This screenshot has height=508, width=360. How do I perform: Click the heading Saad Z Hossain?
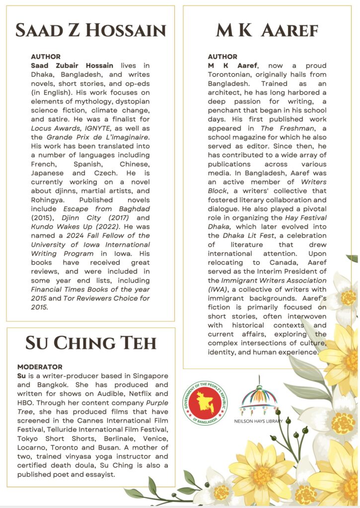pyautogui.click(x=90, y=30)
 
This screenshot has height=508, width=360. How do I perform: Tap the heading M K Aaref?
pyautogui.click(x=267, y=30)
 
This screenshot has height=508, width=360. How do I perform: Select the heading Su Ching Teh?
pyautogui.click(x=91, y=342)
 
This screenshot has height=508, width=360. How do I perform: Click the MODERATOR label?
pyautogui.click(x=40, y=367)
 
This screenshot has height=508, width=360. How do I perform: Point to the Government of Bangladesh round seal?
pyautogui.click(x=205, y=403)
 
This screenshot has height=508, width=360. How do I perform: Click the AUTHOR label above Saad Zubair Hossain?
pyautogui.click(x=46, y=57)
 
